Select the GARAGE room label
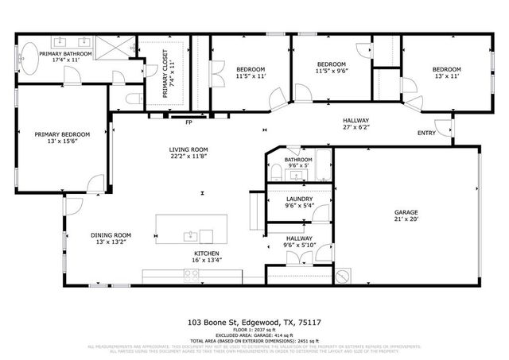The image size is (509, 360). pyautogui.click(x=406, y=212)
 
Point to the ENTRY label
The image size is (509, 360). pyautogui.click(x=426, y=133)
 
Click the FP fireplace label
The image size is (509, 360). pyautogui.click(x=188, y=122)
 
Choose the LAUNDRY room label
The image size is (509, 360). pyautogui.click(x=298, y=199)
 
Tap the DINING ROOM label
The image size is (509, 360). pyautogui.click(x=110, y=235)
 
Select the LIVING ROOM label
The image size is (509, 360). pyautogui.click(x=188, y=149)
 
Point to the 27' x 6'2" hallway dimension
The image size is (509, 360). pyautogui.click(x=356, y=127)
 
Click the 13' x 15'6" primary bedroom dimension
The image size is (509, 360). pyautogui.click(x=62, y=141)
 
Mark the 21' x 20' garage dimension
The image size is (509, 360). pyautogui.click(x=406, y=219)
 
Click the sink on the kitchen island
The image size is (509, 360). pyautogui.click(x=191, y=236)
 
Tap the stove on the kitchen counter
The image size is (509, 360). pyautogui.click(x=192, y=276)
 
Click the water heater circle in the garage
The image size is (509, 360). pyautogui.click(x=344, y=276)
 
